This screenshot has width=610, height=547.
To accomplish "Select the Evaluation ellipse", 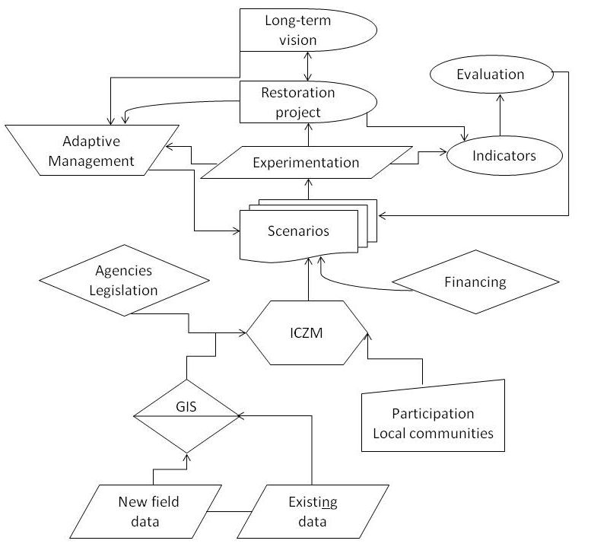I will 490,75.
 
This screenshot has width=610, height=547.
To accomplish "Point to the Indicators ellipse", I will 504,156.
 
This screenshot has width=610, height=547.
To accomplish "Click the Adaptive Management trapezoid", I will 88,149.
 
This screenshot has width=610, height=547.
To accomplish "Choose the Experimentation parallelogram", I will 306,162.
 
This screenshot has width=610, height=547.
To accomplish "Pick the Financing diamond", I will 475,282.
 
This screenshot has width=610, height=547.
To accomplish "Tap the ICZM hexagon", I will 308,332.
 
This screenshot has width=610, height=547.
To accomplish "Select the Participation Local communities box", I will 432,424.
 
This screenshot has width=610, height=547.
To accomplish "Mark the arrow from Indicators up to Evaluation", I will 499,114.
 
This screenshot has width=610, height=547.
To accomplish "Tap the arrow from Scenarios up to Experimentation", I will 307,190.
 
